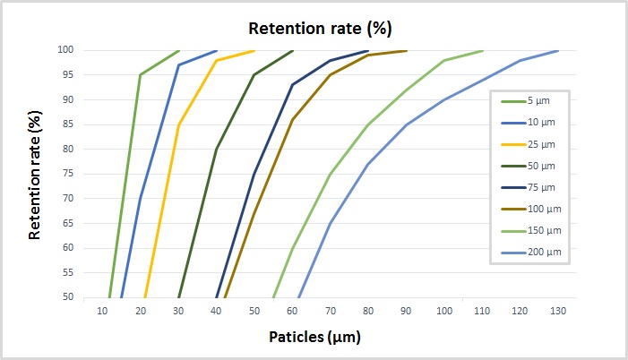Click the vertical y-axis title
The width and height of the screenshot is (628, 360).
(x=36, y=173)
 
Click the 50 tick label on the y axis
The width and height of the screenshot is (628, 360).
(x=91, y=297)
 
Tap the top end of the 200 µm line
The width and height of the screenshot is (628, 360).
(x=558, y=50)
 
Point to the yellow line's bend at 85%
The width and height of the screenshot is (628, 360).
(x=178, y=124)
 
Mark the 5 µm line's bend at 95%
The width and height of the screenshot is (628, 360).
(x=141, y=74)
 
